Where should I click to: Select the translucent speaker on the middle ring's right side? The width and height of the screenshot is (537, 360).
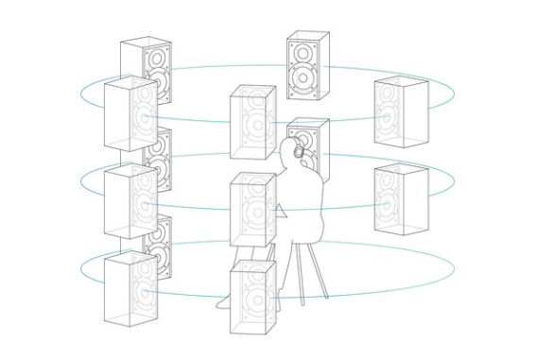tap(400, 199)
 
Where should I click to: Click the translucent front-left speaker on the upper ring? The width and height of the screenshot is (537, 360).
tap(130, 113)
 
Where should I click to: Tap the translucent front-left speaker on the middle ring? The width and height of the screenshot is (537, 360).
tap(130, 200)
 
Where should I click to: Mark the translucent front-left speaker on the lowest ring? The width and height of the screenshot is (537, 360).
tap(130, 288)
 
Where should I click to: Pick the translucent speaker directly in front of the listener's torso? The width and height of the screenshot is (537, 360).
tap(252, 211)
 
